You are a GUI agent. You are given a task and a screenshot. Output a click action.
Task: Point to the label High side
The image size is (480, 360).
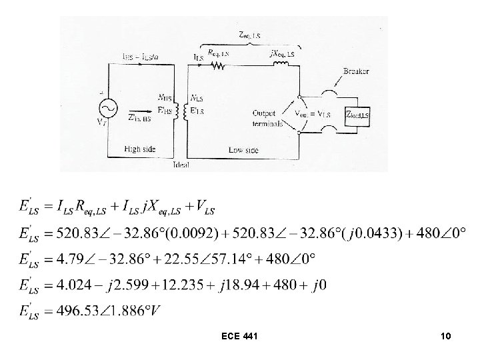click(x=139, y=149)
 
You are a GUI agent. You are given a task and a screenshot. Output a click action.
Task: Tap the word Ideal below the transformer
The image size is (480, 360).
click(x=181, y=163)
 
